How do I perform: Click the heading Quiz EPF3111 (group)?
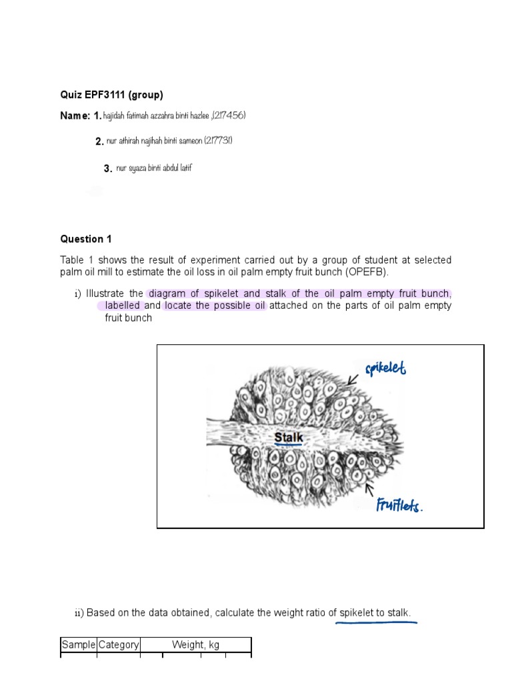(111, 95)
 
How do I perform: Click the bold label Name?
(75, 116)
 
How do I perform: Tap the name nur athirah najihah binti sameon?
(159, 141)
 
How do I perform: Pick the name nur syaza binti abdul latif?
(154, 168)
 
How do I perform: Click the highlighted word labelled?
(122, 305)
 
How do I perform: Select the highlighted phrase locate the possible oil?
(215, 305)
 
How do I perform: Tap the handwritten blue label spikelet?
(385, 368)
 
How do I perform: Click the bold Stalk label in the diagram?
(289, 438)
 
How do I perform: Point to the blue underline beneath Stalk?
(289, 446)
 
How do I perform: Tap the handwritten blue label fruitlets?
(398, 505)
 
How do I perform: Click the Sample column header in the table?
(79, 645)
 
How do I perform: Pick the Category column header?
(119, 645)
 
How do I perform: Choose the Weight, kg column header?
(195, 645)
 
